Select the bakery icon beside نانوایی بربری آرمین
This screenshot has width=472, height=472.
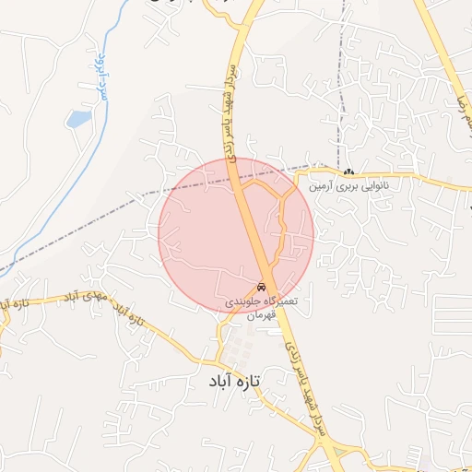coord(348,172)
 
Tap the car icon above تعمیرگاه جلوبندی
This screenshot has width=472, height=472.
coord(262,286)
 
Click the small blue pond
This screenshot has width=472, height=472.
coord(78,119)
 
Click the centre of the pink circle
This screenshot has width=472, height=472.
coord(236,234)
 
